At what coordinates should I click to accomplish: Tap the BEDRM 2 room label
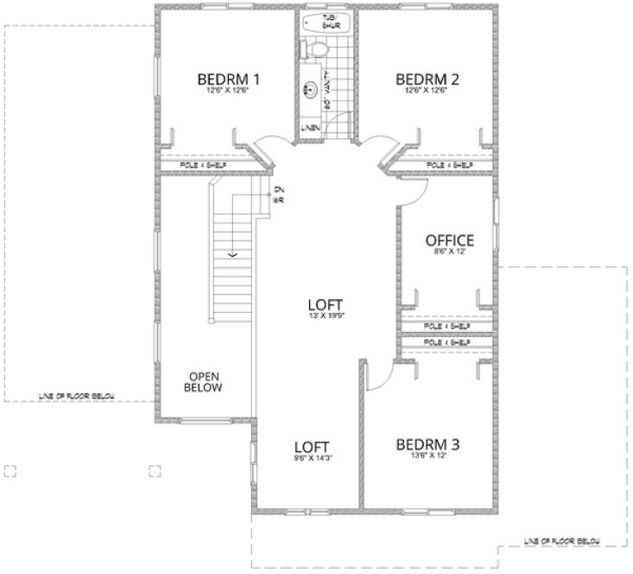pyautogui.click(x=427, y=80)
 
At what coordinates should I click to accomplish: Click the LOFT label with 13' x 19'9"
pyautogui.click(x=326, y=305)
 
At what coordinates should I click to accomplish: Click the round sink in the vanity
pyautogui.click(x=309, y=88)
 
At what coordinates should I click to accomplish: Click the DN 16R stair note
pyautogui.click(x=278, y=195)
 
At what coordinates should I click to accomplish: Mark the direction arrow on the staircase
pyautogui.click(x=231, y=255)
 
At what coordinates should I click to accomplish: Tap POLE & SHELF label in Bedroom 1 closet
pyautogui.click(x=202, y=164)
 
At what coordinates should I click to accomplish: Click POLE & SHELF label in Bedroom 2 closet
pyautogui.click(x=450, y=164)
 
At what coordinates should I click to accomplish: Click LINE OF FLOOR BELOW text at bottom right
pyautogui.click(x=564, y=542)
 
